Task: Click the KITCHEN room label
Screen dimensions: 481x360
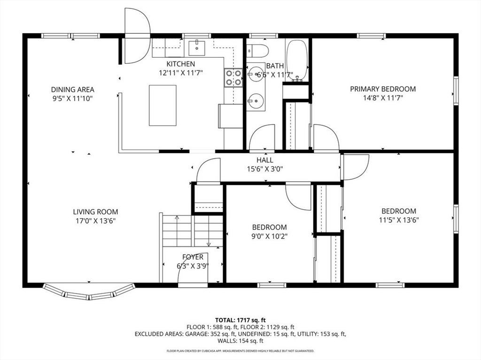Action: coord(181,64)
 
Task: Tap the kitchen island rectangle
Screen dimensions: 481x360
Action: coord(163,106)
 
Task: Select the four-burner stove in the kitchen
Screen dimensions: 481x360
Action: coord(233,78)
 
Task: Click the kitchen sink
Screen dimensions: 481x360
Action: coord(197,48)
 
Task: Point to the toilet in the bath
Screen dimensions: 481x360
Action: coord(257,51)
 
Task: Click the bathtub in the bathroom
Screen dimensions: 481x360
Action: coord(297,60)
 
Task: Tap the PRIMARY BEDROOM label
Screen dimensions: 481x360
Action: coord(383,89)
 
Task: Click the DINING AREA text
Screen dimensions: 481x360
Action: coord(72,90)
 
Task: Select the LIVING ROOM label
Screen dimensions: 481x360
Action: coord(95,212)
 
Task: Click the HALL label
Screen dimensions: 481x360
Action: coord(265,160)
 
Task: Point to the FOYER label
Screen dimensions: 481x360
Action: coord(193,257)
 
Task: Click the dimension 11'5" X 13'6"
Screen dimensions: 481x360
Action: coord(399,220)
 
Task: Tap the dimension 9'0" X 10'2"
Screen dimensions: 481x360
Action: coord(270,236)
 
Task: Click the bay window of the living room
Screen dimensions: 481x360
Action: coord(89,292)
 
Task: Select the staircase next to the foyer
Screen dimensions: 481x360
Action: coord(192,230)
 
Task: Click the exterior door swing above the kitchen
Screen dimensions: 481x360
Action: coord(137,36)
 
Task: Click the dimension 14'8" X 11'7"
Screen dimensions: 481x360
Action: coord(383,98)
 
